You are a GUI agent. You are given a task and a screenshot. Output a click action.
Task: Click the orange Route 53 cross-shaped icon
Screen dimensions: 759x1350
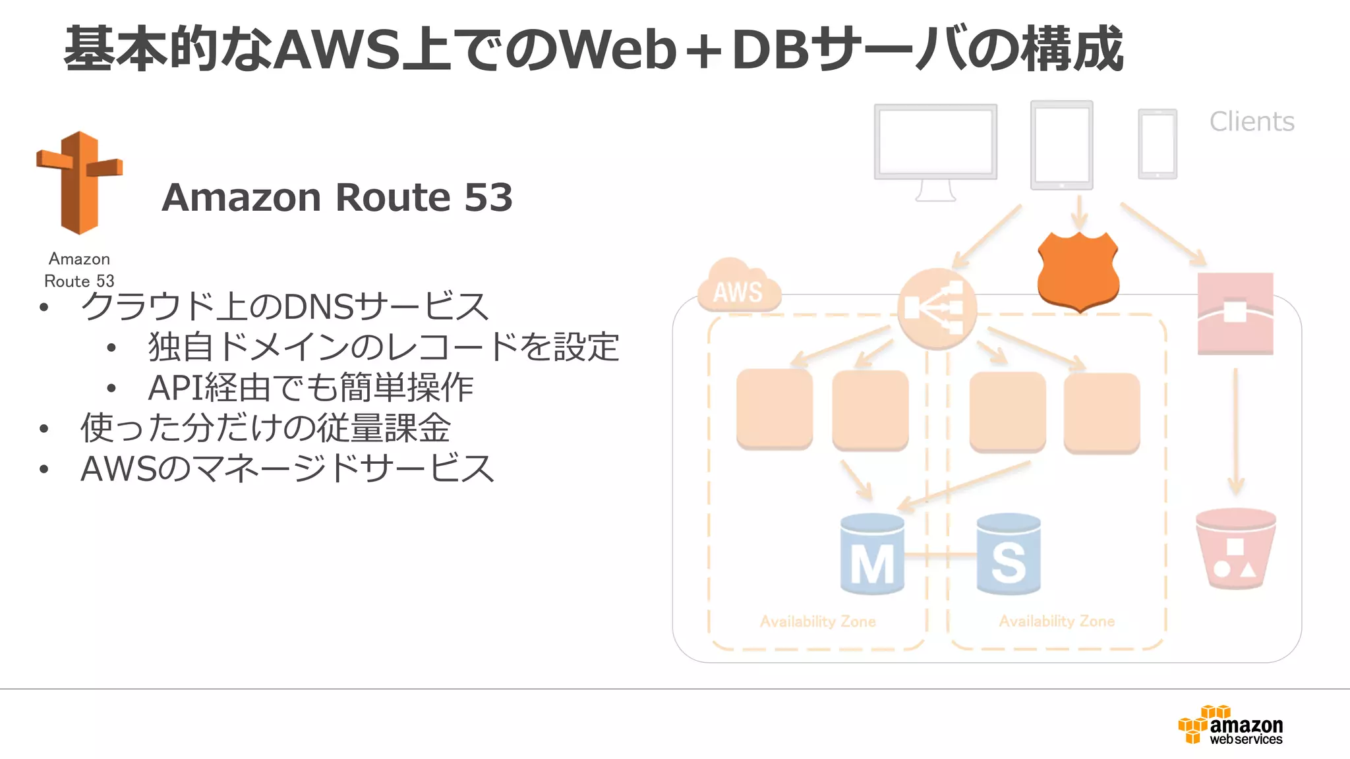tap(79, 183)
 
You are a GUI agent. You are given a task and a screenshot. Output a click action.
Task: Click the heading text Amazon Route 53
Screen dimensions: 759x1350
tap(337, 197)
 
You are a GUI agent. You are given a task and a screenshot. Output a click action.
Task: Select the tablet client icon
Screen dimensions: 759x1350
tap(1061, 145)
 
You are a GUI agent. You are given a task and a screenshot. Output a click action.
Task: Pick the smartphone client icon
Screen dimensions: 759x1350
tap(1157, 144)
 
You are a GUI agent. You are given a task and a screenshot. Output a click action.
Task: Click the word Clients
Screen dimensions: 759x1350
tap(1251, 122)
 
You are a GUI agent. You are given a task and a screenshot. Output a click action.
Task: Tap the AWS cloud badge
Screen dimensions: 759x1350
tap(738, 287)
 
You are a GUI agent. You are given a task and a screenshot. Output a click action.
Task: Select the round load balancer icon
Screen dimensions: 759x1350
tap(936, 308)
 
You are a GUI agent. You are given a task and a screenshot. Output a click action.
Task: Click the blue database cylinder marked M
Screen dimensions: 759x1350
tap(872, 555)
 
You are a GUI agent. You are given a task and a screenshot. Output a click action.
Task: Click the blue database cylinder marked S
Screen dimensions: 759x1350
tap(1008, 555)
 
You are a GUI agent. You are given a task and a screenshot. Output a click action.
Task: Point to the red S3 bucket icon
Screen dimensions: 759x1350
tap(1235, 548)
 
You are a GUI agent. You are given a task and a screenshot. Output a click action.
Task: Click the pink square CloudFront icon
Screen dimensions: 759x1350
tap(1235, 314)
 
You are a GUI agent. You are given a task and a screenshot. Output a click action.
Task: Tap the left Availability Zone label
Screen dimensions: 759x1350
tap(817, 621)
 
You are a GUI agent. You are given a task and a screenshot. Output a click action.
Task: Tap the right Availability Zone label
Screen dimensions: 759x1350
tap(1056, 621)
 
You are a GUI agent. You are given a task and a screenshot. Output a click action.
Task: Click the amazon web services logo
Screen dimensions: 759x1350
tap(1230, 725)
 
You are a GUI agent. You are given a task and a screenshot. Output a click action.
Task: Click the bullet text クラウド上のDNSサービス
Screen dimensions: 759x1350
tap(284, 307)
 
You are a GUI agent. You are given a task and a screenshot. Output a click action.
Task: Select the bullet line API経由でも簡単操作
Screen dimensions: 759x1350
tap(310, 387)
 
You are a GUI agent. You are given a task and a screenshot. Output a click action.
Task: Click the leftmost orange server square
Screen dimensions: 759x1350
tap(774, 408)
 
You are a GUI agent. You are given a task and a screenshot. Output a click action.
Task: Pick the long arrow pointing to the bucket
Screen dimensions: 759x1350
tap(1235, 432)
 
